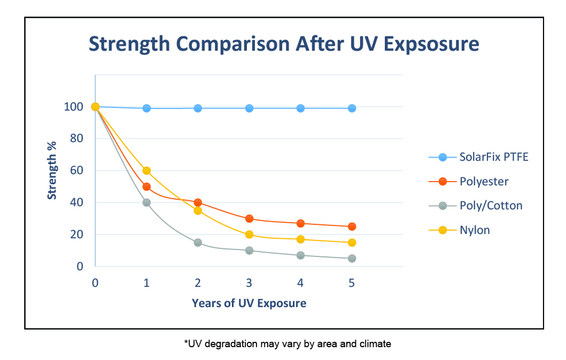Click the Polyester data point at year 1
coord(146,187)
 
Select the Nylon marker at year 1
coord(146,171)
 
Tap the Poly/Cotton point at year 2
coord(198,242)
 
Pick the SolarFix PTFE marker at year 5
coord(352,108)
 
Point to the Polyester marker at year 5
coord(352,226)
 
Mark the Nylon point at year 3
coord(249,234)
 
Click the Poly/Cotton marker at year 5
coord(352,259)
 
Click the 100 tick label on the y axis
coord(74,107)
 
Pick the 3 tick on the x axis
coord(249,283)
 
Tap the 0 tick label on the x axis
coord(95,283)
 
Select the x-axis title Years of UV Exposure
coord(249,303)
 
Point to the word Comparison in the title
coord(230,44)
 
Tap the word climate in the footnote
coord(374,344)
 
